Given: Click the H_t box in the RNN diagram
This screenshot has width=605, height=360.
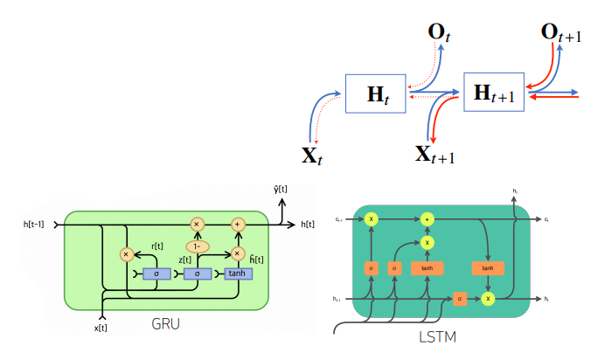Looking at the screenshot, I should (x=378, y=93).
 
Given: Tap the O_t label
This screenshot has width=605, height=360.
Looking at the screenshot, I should (x=438, y=33).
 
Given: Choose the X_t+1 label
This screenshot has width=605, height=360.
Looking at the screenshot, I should (x=434, y=156).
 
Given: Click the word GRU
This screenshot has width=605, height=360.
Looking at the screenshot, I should (x=166, y=322).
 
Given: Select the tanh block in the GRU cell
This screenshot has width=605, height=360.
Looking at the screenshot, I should (x=237, y=273).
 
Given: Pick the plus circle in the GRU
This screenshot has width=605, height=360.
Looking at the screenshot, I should (x=237, y=225).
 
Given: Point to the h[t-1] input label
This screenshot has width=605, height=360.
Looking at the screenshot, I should (x=38, y=225).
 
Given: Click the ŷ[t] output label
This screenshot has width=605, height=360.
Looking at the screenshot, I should (x=282, y=189).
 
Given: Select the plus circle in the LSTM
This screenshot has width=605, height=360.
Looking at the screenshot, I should (x=428, y=218).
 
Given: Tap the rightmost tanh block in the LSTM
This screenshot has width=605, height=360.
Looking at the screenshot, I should (x=486, y=268).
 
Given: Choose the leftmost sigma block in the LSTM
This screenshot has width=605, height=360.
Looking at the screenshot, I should (x=371, y=268).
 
